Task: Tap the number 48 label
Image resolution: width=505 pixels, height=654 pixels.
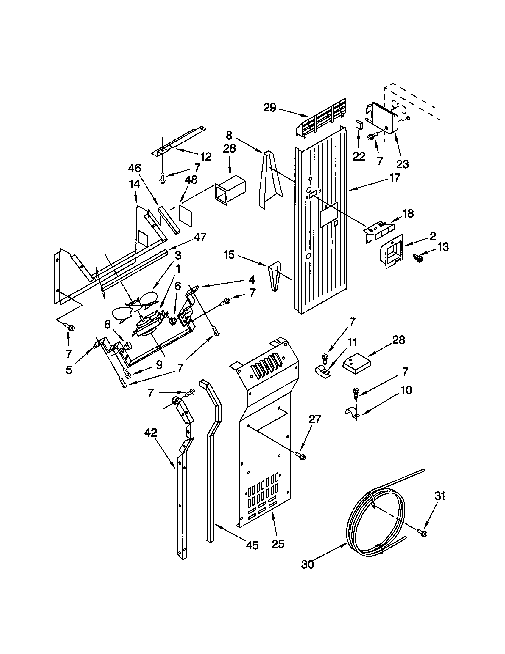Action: tap(191, 180)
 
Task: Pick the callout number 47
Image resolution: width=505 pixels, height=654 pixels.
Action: tap(200, 237)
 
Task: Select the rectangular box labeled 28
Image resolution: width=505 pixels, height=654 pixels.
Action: tap(356, 363)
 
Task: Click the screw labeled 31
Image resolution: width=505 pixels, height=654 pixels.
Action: tap(423, 532)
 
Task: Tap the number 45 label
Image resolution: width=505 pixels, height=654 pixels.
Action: tap(252, 545)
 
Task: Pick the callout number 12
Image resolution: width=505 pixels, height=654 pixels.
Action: tap(206, 156)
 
